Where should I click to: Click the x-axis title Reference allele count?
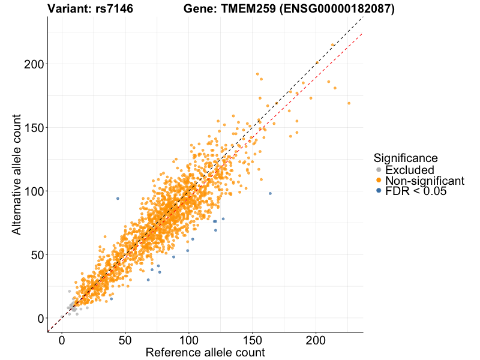(205, 352)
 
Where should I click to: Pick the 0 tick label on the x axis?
(62, 340)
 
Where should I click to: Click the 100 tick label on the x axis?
(189, 340)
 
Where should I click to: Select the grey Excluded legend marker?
(379, 170)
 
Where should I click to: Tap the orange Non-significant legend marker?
(379, 181)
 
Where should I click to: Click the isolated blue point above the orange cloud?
(118, 199)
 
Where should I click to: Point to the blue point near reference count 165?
(270, 193)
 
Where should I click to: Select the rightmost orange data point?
(349, 103)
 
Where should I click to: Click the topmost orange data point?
(333, 45)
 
